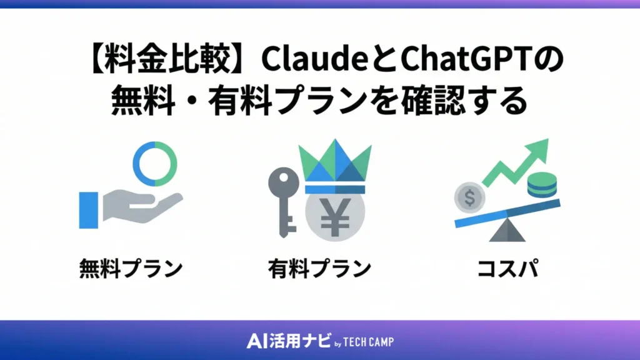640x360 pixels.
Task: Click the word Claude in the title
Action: pyautogui.click(x=304, y=61)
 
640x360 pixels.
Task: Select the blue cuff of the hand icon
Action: pyautogui.click(x=89, y=209)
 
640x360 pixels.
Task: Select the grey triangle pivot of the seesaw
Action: pyautogui.click(x=507, y=231)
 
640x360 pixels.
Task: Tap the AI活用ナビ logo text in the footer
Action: pyautogui.click(x=285, y=341)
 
